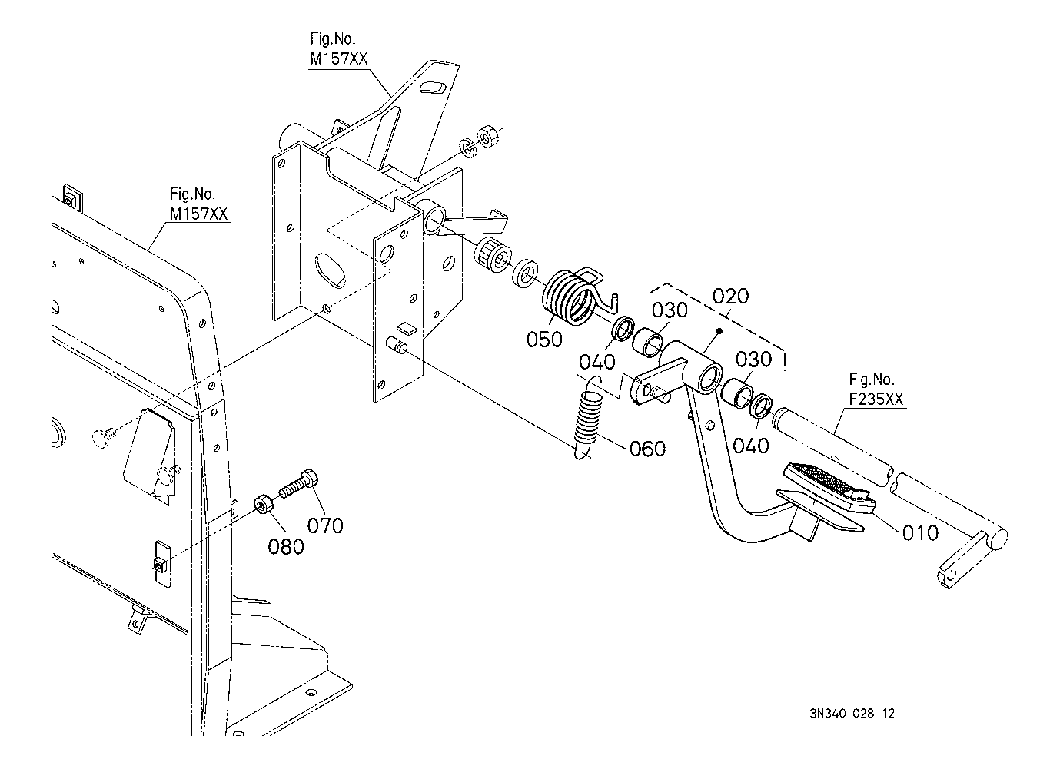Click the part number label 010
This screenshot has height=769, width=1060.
tap(920, 532)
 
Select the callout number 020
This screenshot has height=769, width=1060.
tap(730, 297)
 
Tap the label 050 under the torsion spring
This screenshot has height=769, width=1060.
tap(545, 339)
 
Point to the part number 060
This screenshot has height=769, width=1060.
tap(647, 448)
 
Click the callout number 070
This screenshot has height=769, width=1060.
tap(325, 526)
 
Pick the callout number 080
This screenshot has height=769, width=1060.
tap(286, 546)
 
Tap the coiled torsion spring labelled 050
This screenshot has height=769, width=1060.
tap(571, 296)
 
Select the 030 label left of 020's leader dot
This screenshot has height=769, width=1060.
tap(671, 310)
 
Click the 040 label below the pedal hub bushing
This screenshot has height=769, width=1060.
tap(751, 446)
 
